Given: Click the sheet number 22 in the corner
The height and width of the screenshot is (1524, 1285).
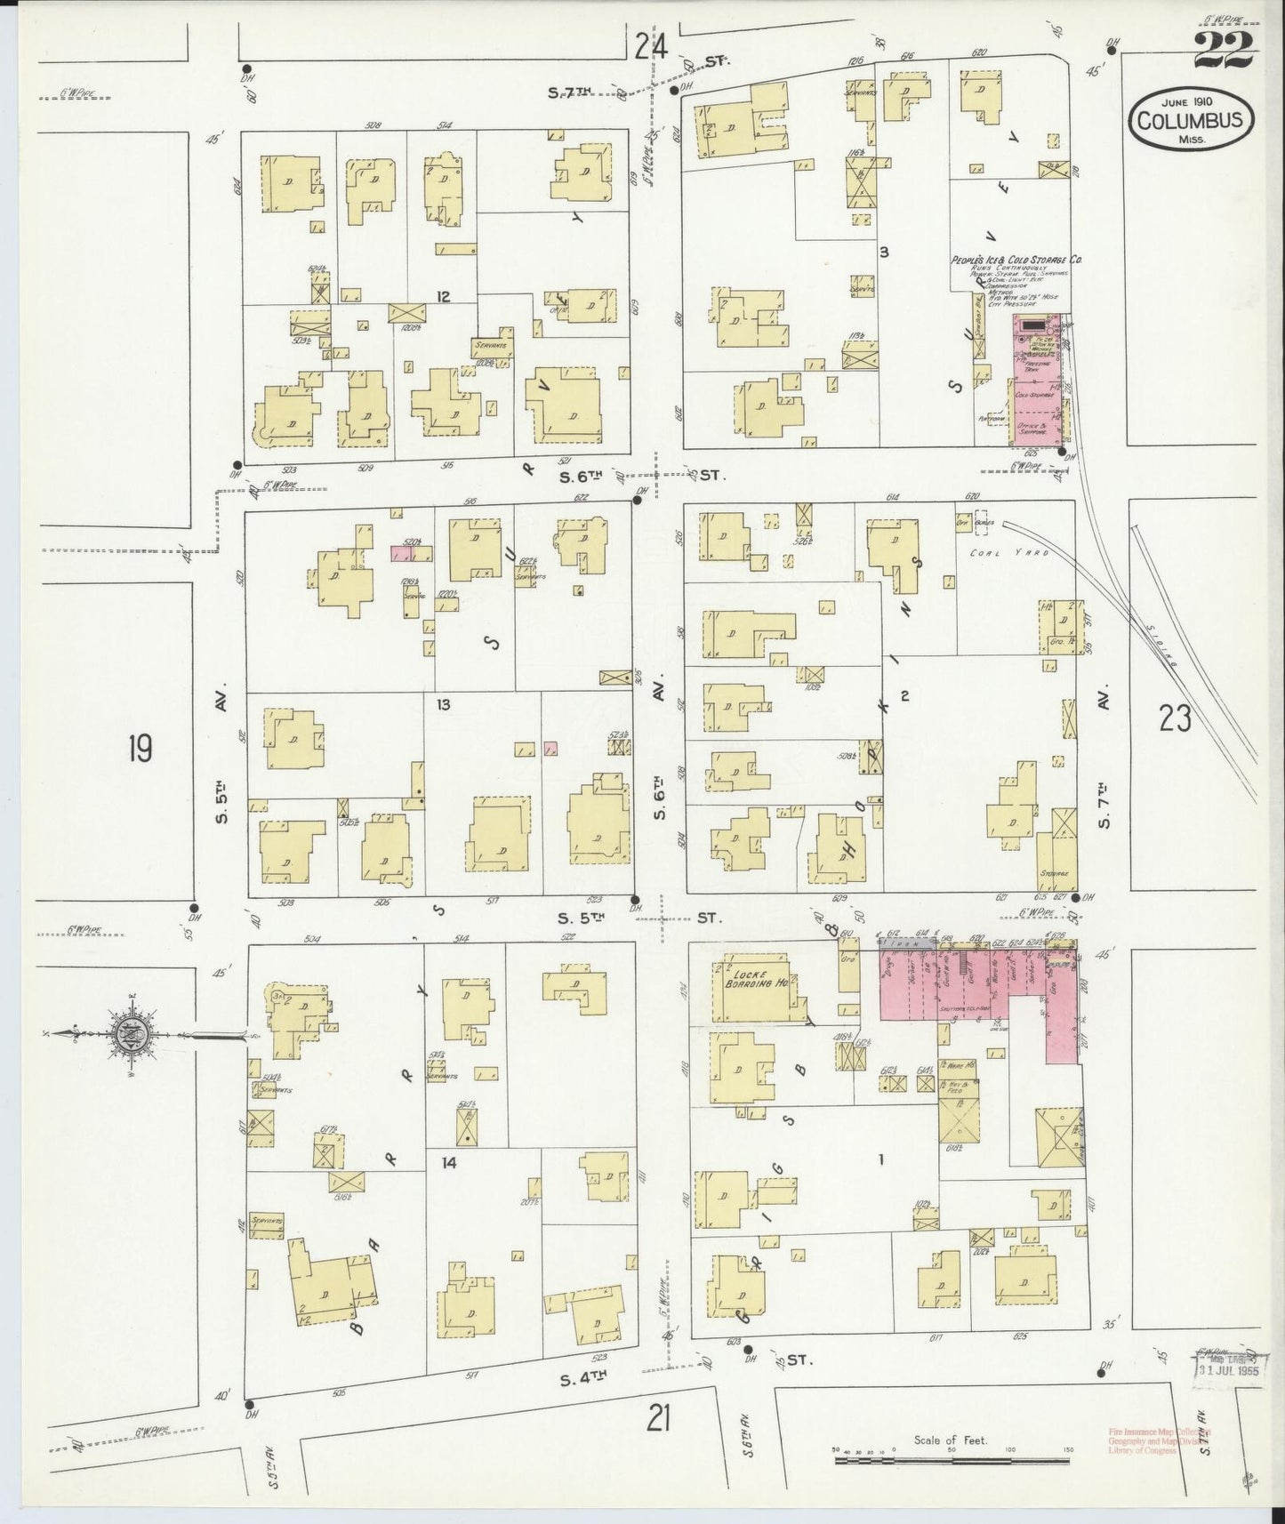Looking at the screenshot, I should [1224, 52].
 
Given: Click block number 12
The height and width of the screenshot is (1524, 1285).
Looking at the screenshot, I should [443, 295].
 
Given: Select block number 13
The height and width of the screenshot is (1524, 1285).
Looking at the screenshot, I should [443, 704].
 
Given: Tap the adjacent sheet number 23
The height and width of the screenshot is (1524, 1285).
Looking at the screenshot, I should [1175, 718].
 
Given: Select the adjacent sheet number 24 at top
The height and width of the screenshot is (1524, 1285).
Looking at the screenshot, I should [651, 46].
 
